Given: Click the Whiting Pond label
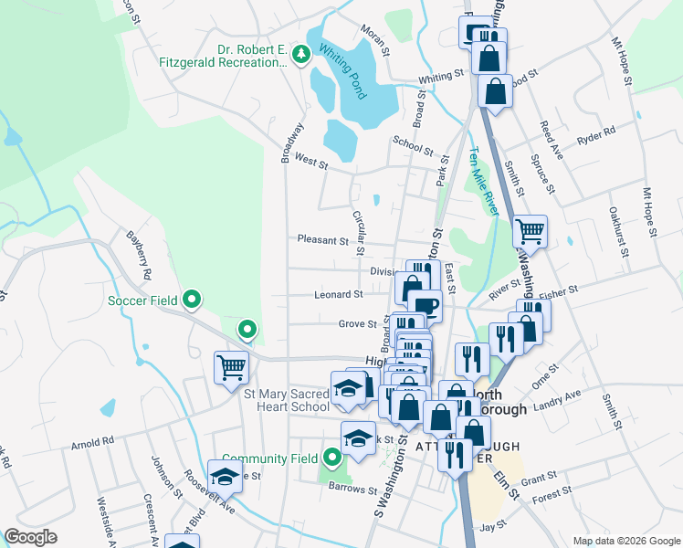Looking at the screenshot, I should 343,68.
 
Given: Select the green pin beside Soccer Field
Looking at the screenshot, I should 192,299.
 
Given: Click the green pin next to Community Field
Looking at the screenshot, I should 331,458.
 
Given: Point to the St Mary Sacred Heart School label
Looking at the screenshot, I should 286,400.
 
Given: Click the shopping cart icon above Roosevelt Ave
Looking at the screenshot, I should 231,367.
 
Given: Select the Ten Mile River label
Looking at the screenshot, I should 484,182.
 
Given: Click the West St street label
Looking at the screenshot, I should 311,162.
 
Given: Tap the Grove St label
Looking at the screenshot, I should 358,323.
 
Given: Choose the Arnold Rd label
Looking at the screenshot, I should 92,440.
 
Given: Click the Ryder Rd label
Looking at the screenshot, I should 596,136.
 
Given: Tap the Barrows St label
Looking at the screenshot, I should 352,490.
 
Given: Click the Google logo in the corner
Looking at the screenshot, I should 30,537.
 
